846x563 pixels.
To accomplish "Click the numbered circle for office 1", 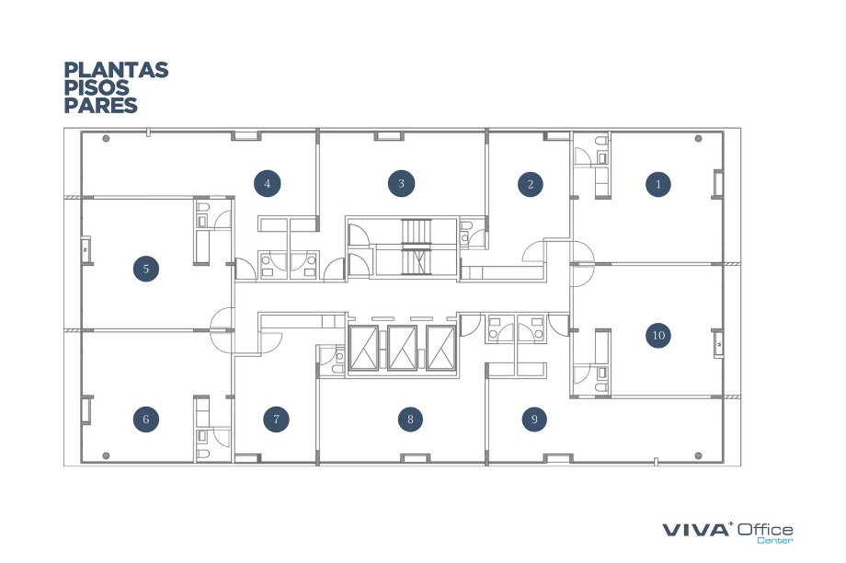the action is (x=658, y=184).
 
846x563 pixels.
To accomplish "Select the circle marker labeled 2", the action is (x=531, y=184).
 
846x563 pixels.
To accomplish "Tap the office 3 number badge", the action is (x=402, y=184).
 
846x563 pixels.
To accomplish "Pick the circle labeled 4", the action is (x=267, y=184).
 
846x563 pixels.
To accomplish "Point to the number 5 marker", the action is (x=146, y=269).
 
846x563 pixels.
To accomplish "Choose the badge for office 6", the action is (x=146, y=419).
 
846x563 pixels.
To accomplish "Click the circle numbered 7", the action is (x=276, y=419).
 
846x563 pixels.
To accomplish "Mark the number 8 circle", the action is (x=411, y=419).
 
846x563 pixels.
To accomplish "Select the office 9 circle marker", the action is (x=534, y=419).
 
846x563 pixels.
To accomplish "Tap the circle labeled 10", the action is (x=658, y=335).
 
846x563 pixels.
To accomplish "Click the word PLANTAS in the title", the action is (x=117, y=70).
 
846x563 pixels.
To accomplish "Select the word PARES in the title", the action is (x=101, y=105).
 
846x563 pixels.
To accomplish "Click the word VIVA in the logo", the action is (x=695, y=530).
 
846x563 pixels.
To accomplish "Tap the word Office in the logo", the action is (x=765, y=529).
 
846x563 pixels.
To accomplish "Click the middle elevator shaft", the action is (x=403, y=348).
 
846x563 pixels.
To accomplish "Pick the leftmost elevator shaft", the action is (x=363, y=348).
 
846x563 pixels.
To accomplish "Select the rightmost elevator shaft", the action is (x=441, y=348).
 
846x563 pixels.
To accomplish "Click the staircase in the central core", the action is (x=417, y=247).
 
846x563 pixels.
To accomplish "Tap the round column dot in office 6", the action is (x=107, y=456).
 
